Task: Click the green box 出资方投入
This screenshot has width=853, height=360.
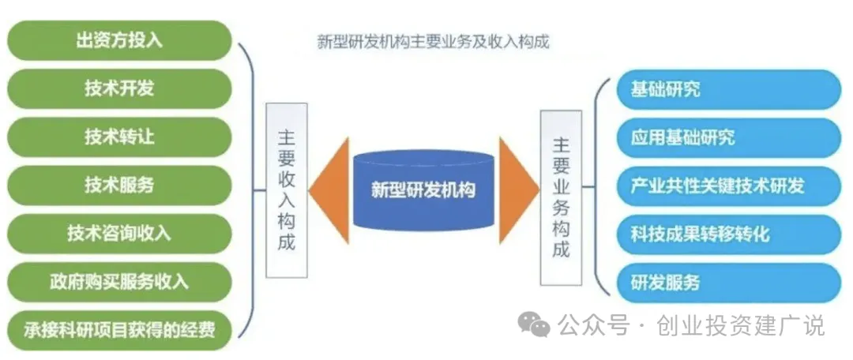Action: (120, 40)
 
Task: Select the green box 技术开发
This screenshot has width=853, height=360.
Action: (120, 88)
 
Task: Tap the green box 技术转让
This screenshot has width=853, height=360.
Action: (120, 137)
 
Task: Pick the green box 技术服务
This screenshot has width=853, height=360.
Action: (120, 185)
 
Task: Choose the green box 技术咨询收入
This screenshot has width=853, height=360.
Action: (120, 233)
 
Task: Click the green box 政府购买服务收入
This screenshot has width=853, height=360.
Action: (120, 280)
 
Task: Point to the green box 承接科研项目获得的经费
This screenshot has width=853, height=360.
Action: (120, 328)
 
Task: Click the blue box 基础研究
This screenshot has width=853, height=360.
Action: (728, 89)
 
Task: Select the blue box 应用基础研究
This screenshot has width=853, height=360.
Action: (728, 137)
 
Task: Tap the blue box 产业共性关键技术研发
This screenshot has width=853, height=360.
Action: (728, 186)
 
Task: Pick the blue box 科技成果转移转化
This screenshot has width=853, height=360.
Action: (728, 234)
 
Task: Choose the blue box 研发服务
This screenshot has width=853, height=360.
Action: (728, 283)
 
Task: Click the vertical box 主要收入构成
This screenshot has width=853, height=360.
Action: (286, 189)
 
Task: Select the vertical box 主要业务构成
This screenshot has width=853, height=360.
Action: (560, 197)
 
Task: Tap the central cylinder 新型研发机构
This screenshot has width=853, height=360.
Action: (423, 189)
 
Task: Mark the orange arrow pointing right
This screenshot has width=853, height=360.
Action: (517, 189)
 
